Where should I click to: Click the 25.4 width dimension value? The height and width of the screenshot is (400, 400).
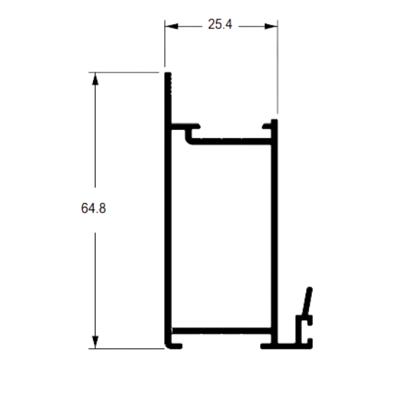click(220, 24)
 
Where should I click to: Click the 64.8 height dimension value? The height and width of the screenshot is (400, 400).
click(93, 208)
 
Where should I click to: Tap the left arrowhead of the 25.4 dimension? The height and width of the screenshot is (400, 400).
click(171, 26)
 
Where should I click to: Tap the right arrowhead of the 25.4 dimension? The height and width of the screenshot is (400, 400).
click(271, 26)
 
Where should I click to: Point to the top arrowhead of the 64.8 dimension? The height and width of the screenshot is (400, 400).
click(95, 79)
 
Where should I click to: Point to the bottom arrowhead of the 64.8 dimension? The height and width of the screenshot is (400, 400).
click(95, 342)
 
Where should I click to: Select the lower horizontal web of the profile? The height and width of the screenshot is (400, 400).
click(221, 331)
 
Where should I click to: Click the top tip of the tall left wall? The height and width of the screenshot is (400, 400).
click(168, 73)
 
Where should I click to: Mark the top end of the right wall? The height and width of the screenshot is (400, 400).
click(274, 120)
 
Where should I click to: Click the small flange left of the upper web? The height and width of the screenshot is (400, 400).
click(185, 126)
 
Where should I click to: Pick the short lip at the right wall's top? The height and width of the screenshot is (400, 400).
click(267, 126)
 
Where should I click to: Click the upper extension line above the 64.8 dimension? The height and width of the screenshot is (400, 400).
click(124, 72)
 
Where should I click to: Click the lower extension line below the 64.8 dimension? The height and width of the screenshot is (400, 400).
click(126, 348)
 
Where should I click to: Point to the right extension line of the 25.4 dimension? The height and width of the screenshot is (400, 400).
click(278, 67)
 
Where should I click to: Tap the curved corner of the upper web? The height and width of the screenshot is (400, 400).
click(188, 141)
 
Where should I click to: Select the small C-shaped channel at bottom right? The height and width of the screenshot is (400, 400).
click(304, 332)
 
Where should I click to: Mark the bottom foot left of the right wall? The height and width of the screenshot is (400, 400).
click(266, 346)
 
